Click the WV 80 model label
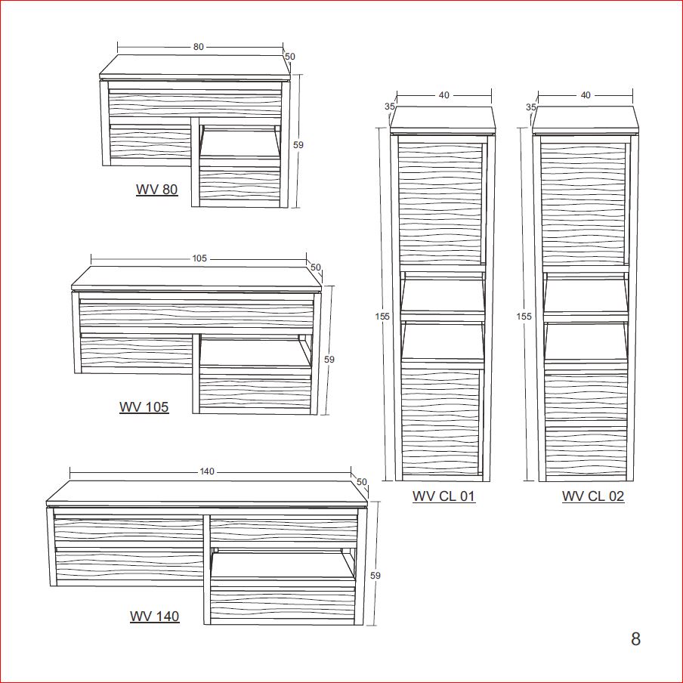coord(157,190)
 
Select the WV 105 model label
coord(144,406)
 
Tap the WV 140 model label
coord(155,616)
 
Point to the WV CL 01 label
coord(443,496)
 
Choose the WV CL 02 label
coord(593,496)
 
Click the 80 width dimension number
coord(198,47)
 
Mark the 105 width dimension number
coord(199,258)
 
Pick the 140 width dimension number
coord(207,471)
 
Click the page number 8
coord(635,639)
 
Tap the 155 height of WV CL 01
coord(382,317)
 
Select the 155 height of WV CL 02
coord(524,317)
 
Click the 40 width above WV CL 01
coord(443,95)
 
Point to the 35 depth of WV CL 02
coord(530,107)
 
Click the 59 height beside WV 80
coord(298,144)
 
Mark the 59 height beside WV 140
coord(375,576)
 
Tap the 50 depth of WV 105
coord(315,267)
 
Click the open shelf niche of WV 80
coord(240,142)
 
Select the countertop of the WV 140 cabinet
coord(208,494)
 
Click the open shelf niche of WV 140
coord(283,565)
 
